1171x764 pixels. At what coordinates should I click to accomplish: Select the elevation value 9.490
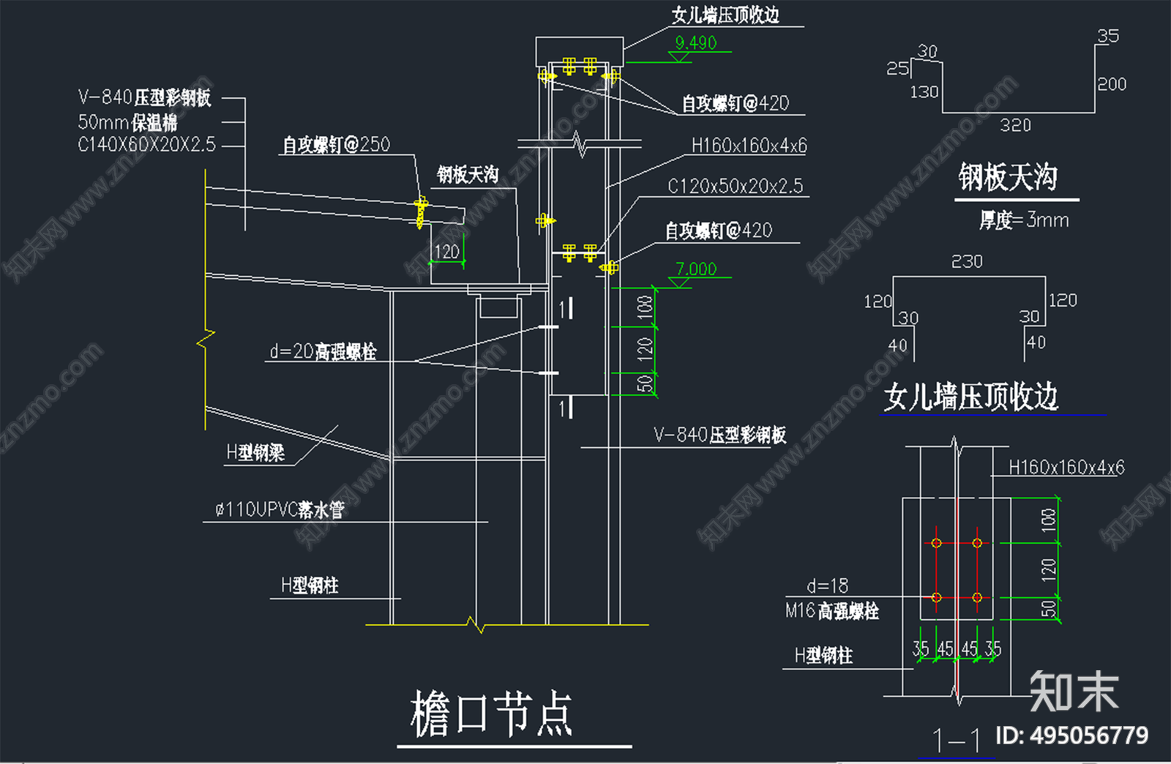pyautogui.click(x=695, y=43)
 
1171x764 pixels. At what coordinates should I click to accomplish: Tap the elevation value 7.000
pyautogui.click(x=695, y=269)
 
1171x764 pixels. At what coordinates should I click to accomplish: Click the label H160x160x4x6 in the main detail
pyautogui.click(x=749, y=146)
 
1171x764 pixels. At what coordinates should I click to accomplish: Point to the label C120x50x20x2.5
pyautogui.click(x=735, y=187)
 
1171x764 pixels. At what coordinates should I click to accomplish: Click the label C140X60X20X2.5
pyautogui.click(x=146, y=145)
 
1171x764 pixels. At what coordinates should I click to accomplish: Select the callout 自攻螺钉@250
pyautogui.click(x=337, y=145)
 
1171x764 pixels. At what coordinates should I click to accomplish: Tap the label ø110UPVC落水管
pyautogui.click(x=280, y=509)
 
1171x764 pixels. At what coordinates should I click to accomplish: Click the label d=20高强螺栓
pyautogui.click(x=323, y=352)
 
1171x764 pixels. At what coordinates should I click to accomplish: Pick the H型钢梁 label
pyautogui.click(x=255, y=453)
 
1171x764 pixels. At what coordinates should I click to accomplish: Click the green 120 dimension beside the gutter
pyautogui.click(x=446, y=252)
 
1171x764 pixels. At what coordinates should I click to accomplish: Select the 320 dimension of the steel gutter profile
pyautogui.click(x=1015, y=126)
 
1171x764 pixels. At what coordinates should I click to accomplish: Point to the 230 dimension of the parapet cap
pyautogui.click(x=967, y=262)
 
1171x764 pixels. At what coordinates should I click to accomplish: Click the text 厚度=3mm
pyautogui.click(x=1024, y=220)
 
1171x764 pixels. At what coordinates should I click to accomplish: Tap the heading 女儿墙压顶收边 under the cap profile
pyautogui.click(x=970, y=397)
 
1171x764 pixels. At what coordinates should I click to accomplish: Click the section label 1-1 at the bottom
pyautogui.click(x=956, y=741)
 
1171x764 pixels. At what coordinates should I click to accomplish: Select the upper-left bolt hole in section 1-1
pyautogui.click(x=936, y=543)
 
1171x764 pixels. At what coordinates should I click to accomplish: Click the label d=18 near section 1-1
pyautogui.click(x=827, y=586)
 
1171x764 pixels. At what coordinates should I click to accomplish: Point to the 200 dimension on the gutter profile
pyautogui.click(x=1112, y=84)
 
